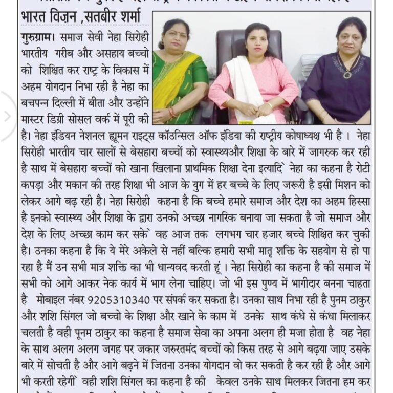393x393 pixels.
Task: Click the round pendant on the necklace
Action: pyautogui.click(x=347, y=75)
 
